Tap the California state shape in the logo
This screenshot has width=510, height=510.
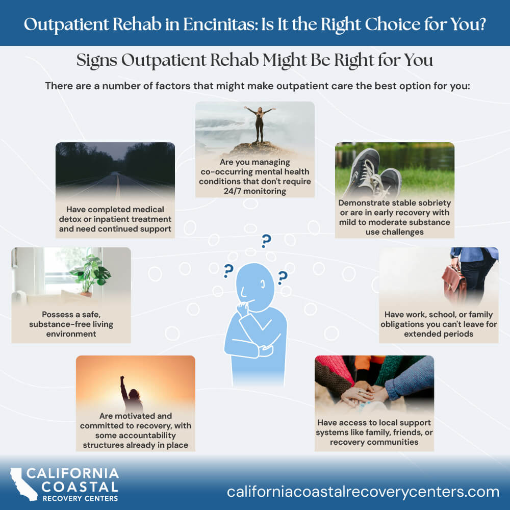23,483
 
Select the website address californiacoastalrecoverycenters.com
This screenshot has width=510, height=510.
363,492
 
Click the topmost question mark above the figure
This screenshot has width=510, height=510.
266,241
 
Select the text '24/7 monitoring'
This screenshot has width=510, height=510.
254,191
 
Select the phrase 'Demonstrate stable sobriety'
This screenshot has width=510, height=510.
394,203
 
